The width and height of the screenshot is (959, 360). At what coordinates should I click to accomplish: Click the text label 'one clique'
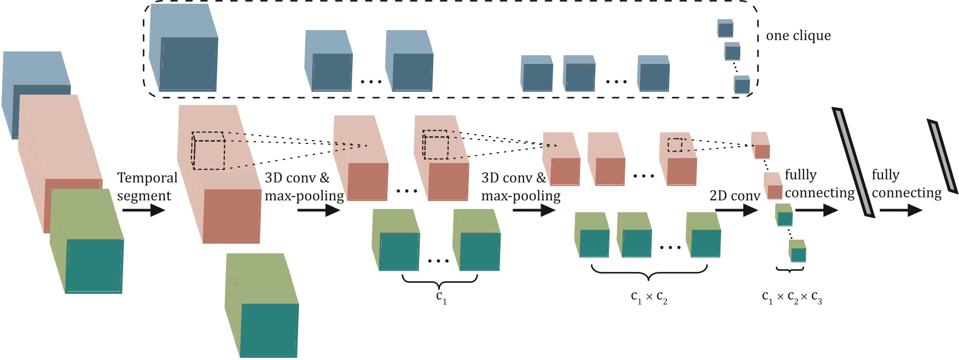798,36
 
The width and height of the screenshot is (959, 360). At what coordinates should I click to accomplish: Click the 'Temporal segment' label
147,187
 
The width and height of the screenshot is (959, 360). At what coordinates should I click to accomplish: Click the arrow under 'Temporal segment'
143,210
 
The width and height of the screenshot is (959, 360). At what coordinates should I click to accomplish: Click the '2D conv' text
734,196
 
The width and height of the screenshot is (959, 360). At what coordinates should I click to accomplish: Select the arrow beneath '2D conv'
736,210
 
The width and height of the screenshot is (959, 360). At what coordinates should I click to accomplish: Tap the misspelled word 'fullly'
800,175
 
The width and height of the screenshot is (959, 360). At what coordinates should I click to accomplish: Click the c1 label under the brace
441,297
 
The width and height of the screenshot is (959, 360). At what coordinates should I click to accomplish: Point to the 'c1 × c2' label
649,298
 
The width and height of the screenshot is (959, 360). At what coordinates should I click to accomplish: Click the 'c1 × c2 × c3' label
792,298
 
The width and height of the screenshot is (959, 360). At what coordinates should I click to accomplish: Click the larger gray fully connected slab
853,162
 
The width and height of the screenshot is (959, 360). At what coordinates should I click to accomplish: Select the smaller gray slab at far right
943,156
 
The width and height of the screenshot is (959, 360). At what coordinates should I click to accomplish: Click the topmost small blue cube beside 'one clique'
725,28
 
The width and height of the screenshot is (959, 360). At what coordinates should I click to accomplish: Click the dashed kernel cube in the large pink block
208,150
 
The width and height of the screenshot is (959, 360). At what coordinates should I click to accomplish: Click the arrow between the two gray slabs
900,210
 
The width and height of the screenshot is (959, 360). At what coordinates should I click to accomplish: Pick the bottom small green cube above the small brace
798,251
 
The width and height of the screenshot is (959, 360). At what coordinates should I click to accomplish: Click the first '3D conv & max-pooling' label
304,187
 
